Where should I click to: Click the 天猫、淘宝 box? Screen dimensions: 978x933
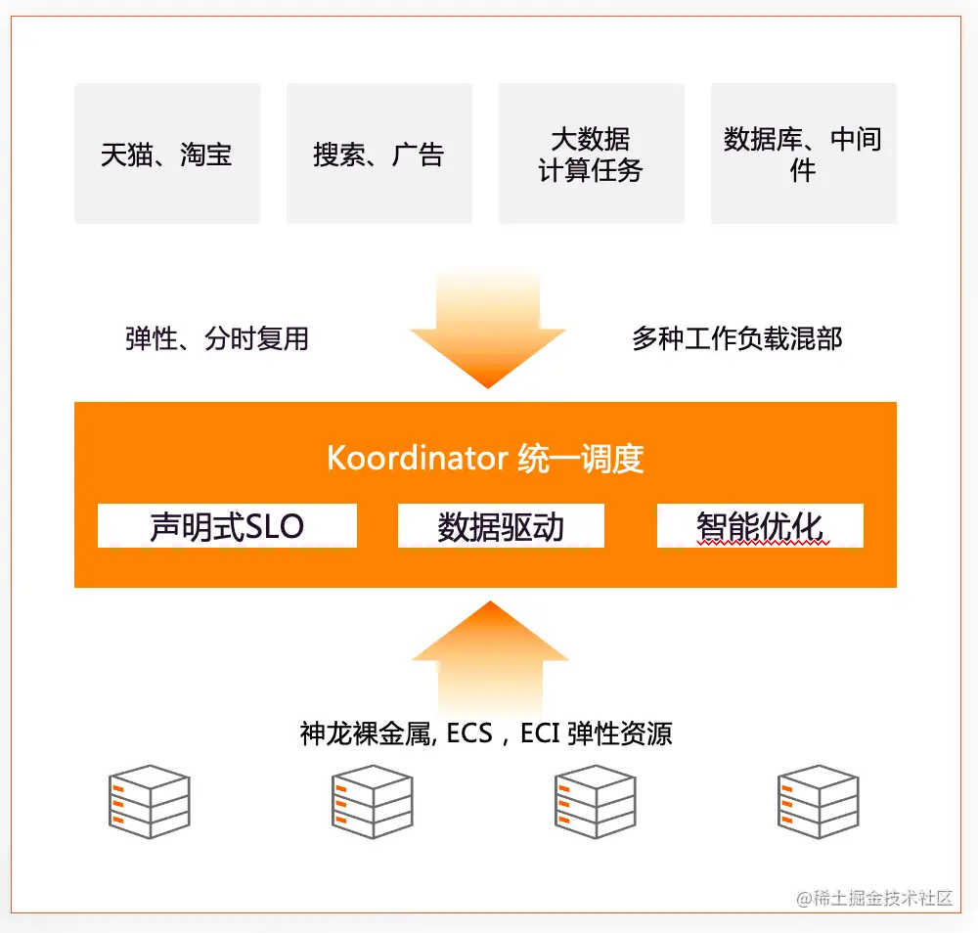(x=167, y=154)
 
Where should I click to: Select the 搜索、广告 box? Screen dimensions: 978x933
(x=378, y=154)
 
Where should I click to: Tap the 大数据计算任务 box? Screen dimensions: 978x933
(x=591, y=154)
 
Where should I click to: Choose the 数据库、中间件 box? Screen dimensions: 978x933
(x=803, y=154)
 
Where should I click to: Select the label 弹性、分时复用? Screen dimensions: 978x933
(x=217, y=338)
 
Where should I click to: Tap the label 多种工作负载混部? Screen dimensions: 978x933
(x=736, y=338)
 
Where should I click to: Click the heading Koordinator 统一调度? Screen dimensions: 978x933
(x=485, y=459)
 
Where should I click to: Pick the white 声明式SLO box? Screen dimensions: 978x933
(x=227, y=526)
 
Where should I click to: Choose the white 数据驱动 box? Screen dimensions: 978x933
(x=501, y=526)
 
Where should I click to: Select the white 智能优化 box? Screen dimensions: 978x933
(x=760, y=526)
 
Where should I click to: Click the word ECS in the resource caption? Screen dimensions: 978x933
(x=469, y=733)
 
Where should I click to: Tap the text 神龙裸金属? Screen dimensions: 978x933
(x=366, y=733)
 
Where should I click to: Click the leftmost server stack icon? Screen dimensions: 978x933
(x=149, y=801)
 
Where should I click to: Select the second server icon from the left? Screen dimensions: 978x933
(x=372, y=801)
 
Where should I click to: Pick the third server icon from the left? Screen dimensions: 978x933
(x=595, y=801)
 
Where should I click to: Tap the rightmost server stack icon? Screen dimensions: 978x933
(x=818, y=801)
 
